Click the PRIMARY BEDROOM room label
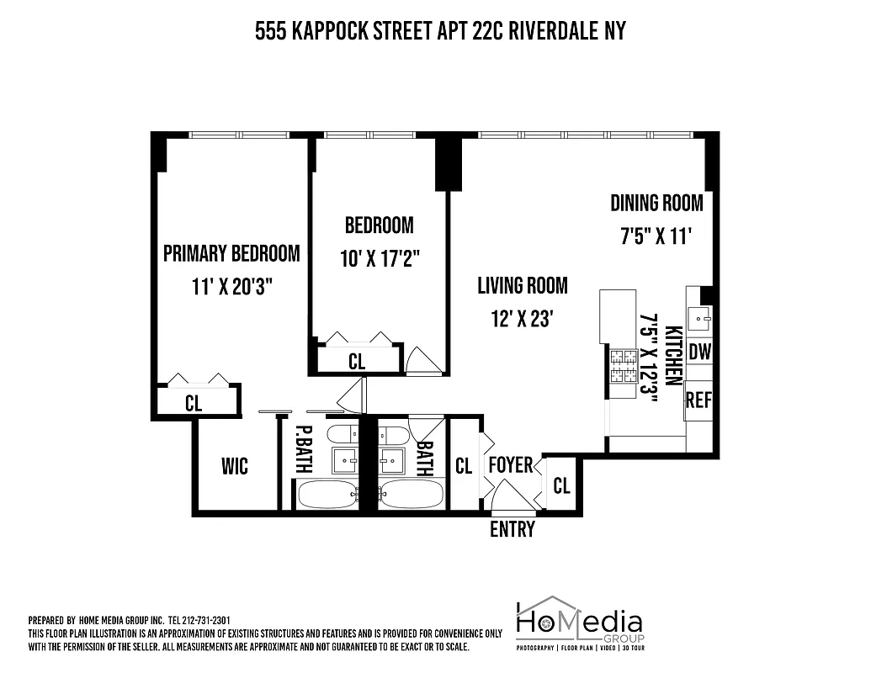click(x=231, y=253)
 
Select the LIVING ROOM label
click(x=522, y=286)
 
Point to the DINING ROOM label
click(x=656, y=203)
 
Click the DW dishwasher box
click(x=699, y=352)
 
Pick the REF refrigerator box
click(x=698, y=400)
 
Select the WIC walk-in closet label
click(x=235, y=466)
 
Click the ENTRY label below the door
click(x=512, y=529)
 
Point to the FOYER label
click(x=510, y=465)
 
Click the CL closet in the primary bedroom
click(x=194, y=403)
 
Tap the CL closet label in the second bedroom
click(x=357, y=362)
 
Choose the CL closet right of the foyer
click(x=561, y=485)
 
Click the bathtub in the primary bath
click(x=327, y=495)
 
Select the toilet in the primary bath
click(x=342, y=435)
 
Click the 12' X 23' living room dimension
click(x=522, y=321)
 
